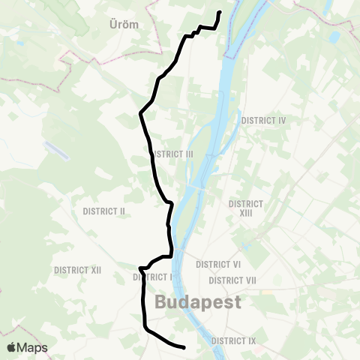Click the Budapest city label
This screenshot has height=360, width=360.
point(198,302)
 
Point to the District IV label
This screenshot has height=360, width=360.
point(264,120)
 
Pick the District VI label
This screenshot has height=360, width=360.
point(217,265)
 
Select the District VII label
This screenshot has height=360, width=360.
point(233,280)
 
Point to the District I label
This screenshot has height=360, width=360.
point(154,277)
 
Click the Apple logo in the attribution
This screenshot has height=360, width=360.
point(11,347)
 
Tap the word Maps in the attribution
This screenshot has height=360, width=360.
point(33,347)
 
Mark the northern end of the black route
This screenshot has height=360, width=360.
point(220,12)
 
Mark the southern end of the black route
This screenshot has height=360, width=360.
point(184,347)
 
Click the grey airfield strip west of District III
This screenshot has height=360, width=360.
point(56,149)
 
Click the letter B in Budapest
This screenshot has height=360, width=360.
point(160,302)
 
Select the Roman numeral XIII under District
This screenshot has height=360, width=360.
point(246,214)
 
